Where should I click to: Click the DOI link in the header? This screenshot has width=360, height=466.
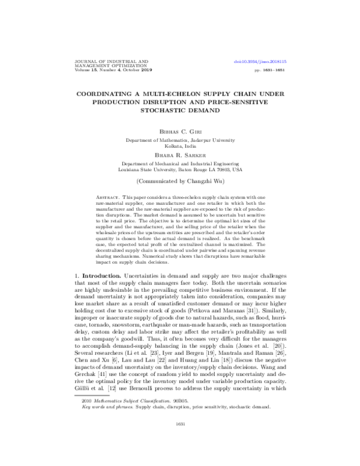coord(260,61)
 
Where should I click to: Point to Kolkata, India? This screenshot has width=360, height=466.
coord(179,146)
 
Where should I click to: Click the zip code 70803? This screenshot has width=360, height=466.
coord(218,169)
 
